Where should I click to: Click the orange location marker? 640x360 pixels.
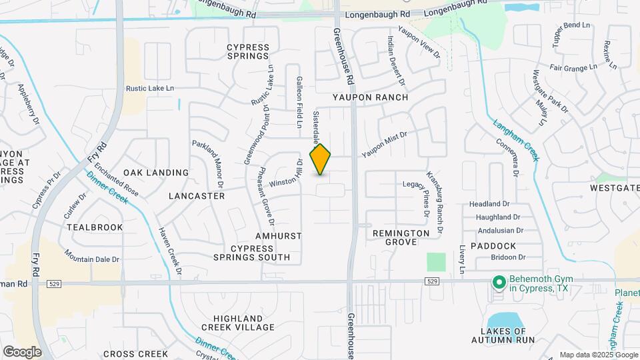tap(321, 159)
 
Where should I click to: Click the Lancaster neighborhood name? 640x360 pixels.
tap(197, 196)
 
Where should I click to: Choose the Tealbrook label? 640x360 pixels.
tap(95, 227)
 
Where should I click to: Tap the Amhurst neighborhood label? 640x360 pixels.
tap(279, 237)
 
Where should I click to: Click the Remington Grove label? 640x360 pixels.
tap(401, 237)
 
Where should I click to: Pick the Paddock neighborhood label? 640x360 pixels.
tap(493, 246)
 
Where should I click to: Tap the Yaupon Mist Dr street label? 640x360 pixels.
tap(384, 144)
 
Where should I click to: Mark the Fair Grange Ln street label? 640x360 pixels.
tap(573, 67)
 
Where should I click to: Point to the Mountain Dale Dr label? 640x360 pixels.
tap(92, 255)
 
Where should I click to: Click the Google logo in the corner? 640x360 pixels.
tap(22, 351)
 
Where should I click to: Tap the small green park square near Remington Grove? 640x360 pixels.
tap(436, 261)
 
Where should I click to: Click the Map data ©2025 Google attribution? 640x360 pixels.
tap(598, 355)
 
